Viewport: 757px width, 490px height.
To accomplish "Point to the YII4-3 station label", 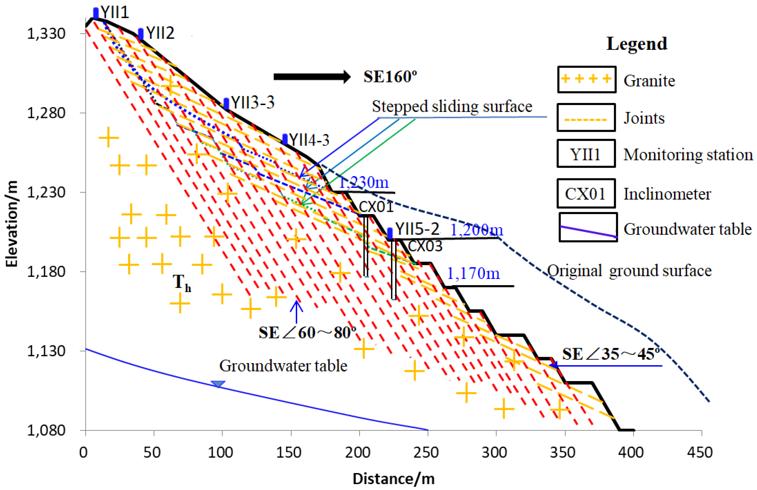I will click(x=309, y=140).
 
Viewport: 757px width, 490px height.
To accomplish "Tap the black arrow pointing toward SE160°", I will click(x=312, y=77).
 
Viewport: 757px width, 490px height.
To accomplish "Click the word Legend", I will click(x=637, y=44).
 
